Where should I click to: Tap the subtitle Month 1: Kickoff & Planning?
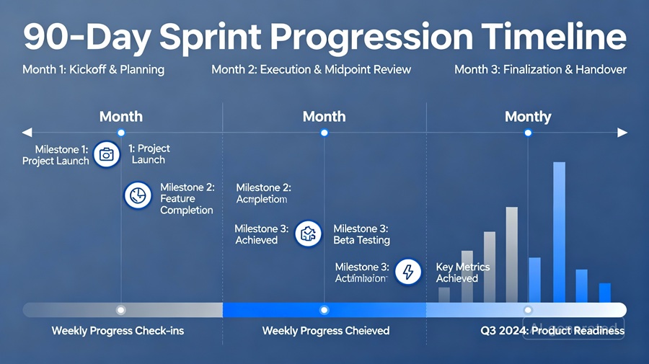pos(93,70)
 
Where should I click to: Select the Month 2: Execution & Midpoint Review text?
pos(311,70)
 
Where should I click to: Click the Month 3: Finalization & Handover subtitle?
pos(540,70)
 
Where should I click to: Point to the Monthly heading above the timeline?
pos(528,117)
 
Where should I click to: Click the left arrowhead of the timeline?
pos(27,133)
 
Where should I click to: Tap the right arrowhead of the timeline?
pos(622,133)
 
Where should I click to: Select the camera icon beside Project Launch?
pos(107,154)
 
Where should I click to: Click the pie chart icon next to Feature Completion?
pos(137,195)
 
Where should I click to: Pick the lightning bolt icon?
pos(408,272)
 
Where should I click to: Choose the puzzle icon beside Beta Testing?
pos(309,234)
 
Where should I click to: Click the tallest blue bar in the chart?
pos(559,232)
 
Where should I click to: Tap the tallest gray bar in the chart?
pos(511,254)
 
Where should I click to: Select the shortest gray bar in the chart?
pos(444,295)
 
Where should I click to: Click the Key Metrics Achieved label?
pos(463,272)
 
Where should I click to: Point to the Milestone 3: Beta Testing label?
pos(361,234)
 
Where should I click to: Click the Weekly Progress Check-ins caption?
pos(118,331)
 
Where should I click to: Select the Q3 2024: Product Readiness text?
pos(552,331)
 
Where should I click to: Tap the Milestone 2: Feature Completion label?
pos(187,198)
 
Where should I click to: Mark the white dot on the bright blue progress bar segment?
pos(324,310)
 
